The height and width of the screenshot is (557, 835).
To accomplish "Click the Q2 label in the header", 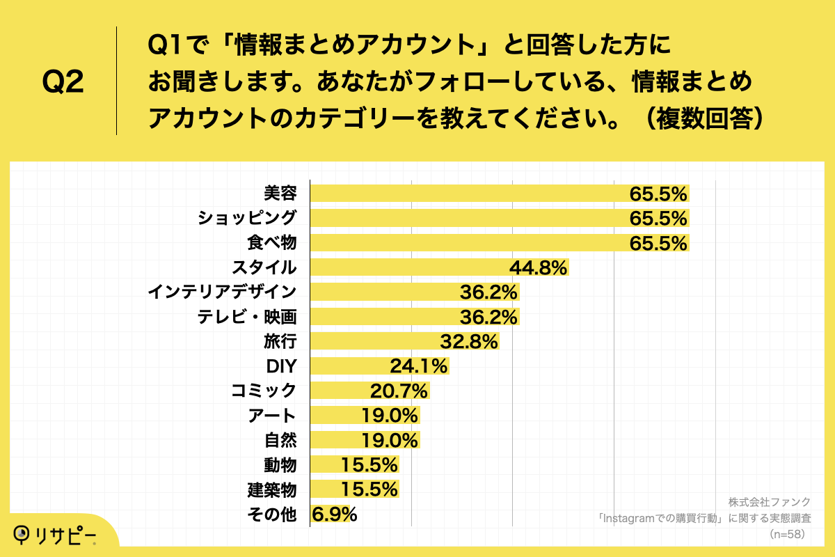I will click(63, 81).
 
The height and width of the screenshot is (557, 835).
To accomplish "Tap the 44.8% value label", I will click(539, 267).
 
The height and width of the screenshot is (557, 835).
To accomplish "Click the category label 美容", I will click(280, 193).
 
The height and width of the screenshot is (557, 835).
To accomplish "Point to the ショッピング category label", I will click(247, 218).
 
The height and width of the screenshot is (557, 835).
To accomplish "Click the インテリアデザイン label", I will click(222, 292).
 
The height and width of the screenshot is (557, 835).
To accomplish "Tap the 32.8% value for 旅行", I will click(469, 342).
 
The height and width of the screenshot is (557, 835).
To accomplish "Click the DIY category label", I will click(281, 366).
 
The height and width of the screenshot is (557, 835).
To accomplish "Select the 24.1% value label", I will click(419, 366).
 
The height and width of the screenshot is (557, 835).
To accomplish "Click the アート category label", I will click(272, 416).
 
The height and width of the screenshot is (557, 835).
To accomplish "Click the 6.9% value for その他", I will click(335, 515).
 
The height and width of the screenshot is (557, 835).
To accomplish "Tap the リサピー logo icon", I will click(24, 533).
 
